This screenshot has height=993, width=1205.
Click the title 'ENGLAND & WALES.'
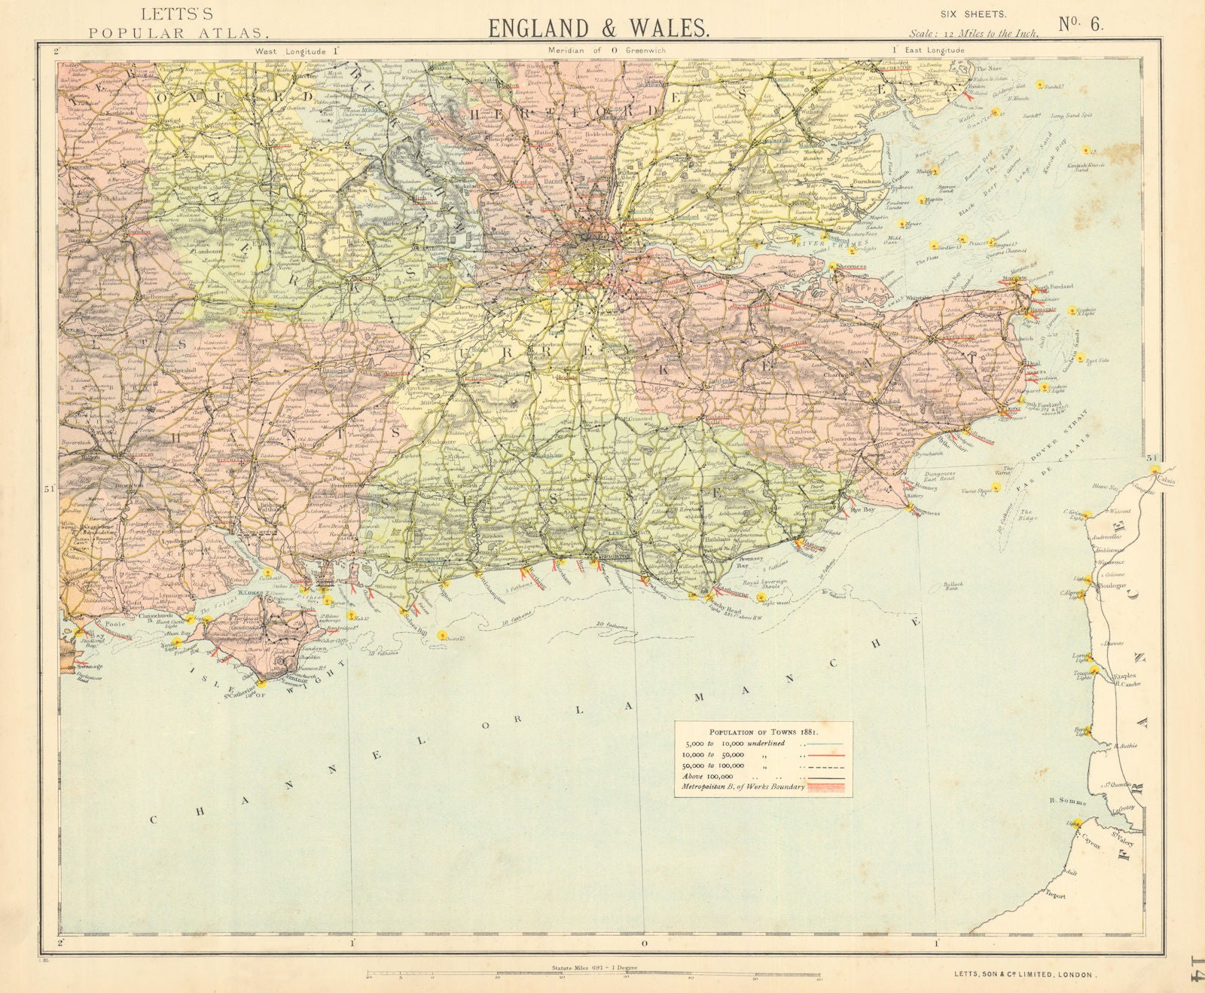pyautogui.click(x=598, y=28)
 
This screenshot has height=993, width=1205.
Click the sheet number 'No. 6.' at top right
pyautogui.click(x=1081, y=23)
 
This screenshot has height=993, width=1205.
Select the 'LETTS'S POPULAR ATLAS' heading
pyautogui.click(x=176, y=24)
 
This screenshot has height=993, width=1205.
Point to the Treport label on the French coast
pyautogui.click(x=1057, y=895)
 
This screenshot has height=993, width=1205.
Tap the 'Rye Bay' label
pyautogui.click(x=861, y=509)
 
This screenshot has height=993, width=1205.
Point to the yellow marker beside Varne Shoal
pyautogui.click(x=996, y=487)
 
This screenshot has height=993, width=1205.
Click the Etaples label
pyautogui.click(x=1116, y=677)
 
